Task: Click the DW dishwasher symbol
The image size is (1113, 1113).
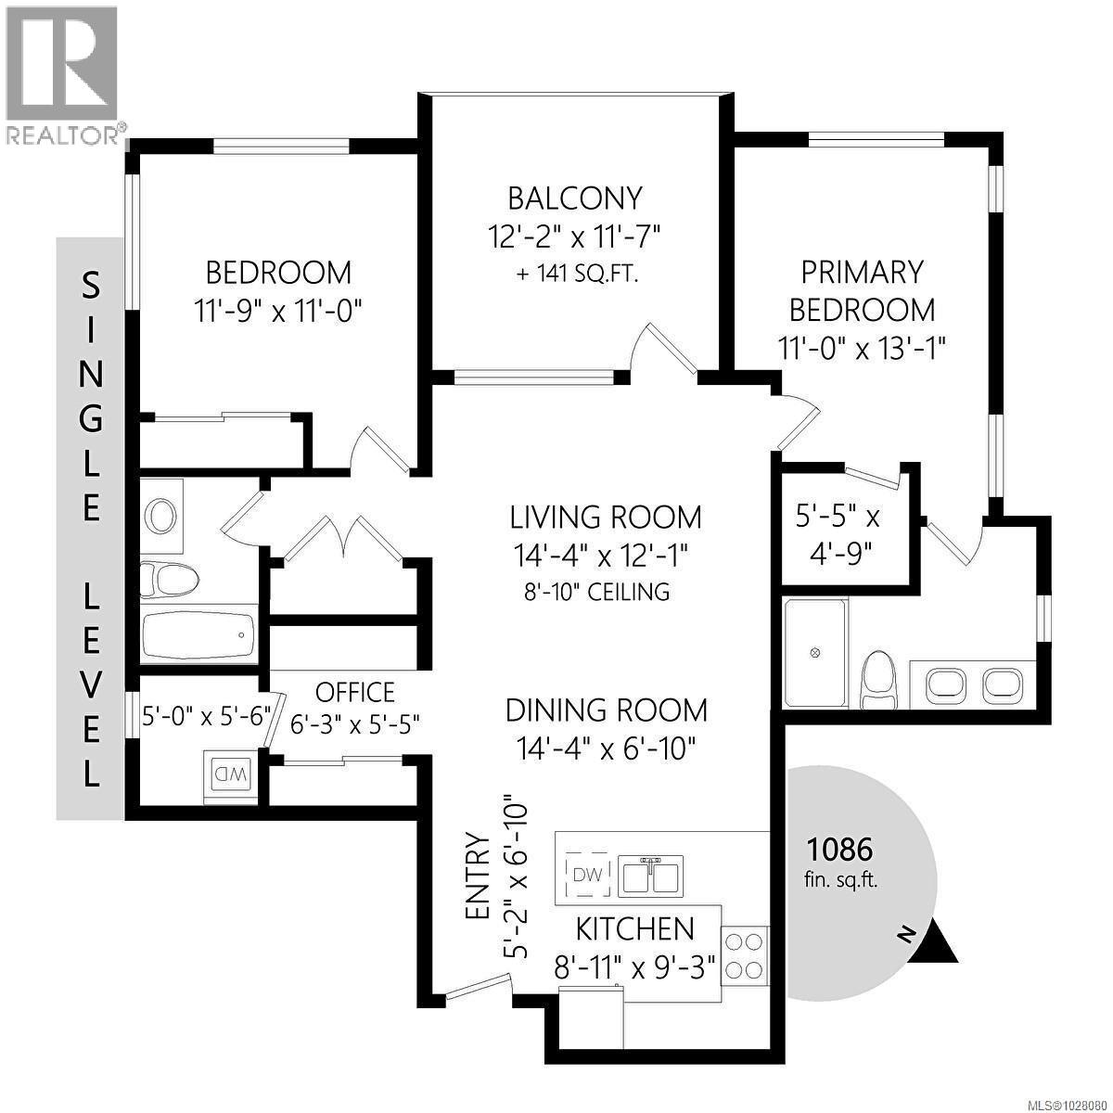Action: click(586, 874)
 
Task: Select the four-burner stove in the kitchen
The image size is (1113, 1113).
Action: click(744, 955)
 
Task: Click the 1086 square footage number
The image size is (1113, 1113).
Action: click(840, 849)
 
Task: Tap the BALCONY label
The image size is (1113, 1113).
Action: click(574, 198)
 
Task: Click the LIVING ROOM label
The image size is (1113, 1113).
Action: click(606, 517)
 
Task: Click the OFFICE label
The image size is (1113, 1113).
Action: click(354, 693)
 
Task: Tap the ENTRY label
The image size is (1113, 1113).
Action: click(477, 876)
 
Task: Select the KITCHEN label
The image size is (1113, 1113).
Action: click(634, 928)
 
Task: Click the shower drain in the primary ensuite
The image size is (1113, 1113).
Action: click(815, 653)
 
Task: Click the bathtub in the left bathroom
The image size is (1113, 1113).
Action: click(198, 636)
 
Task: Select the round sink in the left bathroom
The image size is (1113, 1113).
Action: click(162, 515)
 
